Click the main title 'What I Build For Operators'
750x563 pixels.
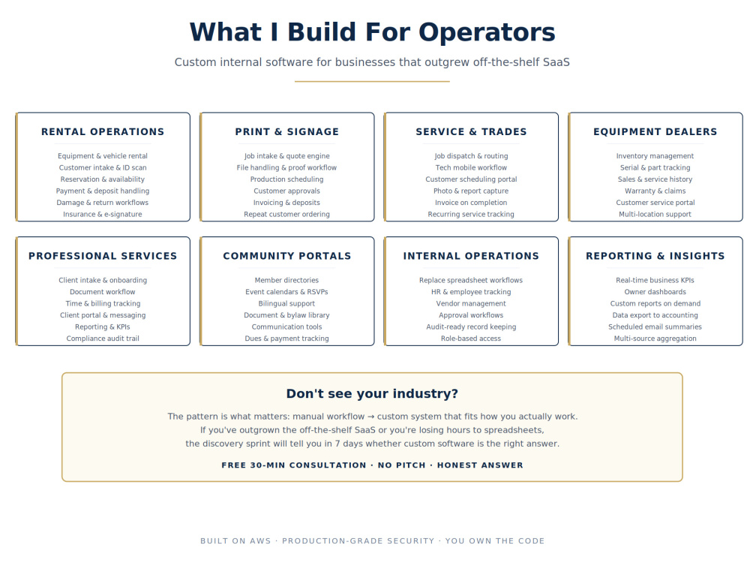pyautogui.click(x=372, y=32)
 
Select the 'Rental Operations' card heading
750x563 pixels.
pyautogui.click(x=103, y=131)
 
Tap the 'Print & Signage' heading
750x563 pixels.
pyautogui.click(x=287, y=131)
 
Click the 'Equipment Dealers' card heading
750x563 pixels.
pyautogui.click(x=655, y=131)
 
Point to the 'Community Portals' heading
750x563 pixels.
pyautogui.click(x=287, y=256)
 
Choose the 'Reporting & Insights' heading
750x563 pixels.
pyautogui.click(x=655, y=256)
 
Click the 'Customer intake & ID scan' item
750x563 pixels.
pyautogui.click(x=103, y=167)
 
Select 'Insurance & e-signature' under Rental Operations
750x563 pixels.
pyautogui.click(x=103, y=215)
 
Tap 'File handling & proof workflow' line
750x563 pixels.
pyautogui.click(x=286, y=167)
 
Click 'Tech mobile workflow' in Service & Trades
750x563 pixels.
pyautogui.click(x=471, y=167)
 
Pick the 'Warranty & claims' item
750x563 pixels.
pyautogui.click(x=655, y=191)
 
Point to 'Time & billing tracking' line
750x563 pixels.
pyautogui.click(x=103, y=303)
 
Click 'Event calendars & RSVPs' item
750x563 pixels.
pyautogui.click(x=286, y=292)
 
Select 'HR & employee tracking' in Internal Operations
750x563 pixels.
pyautogui.click(x=471, y=292)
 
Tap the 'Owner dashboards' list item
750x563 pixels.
pyautogui.click(x=655, y=292)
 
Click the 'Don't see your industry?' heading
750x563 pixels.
pyautogui.click(x=372, y=393)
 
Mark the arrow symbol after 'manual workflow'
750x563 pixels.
pyautogui.click(x=370, y=417)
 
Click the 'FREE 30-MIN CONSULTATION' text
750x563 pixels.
pyautogui.click(x=294, y=465)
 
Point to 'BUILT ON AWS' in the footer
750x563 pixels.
pyautogui.click(x=235, y=541)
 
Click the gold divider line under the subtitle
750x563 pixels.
pyautogui.click(x=372, y=81)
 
